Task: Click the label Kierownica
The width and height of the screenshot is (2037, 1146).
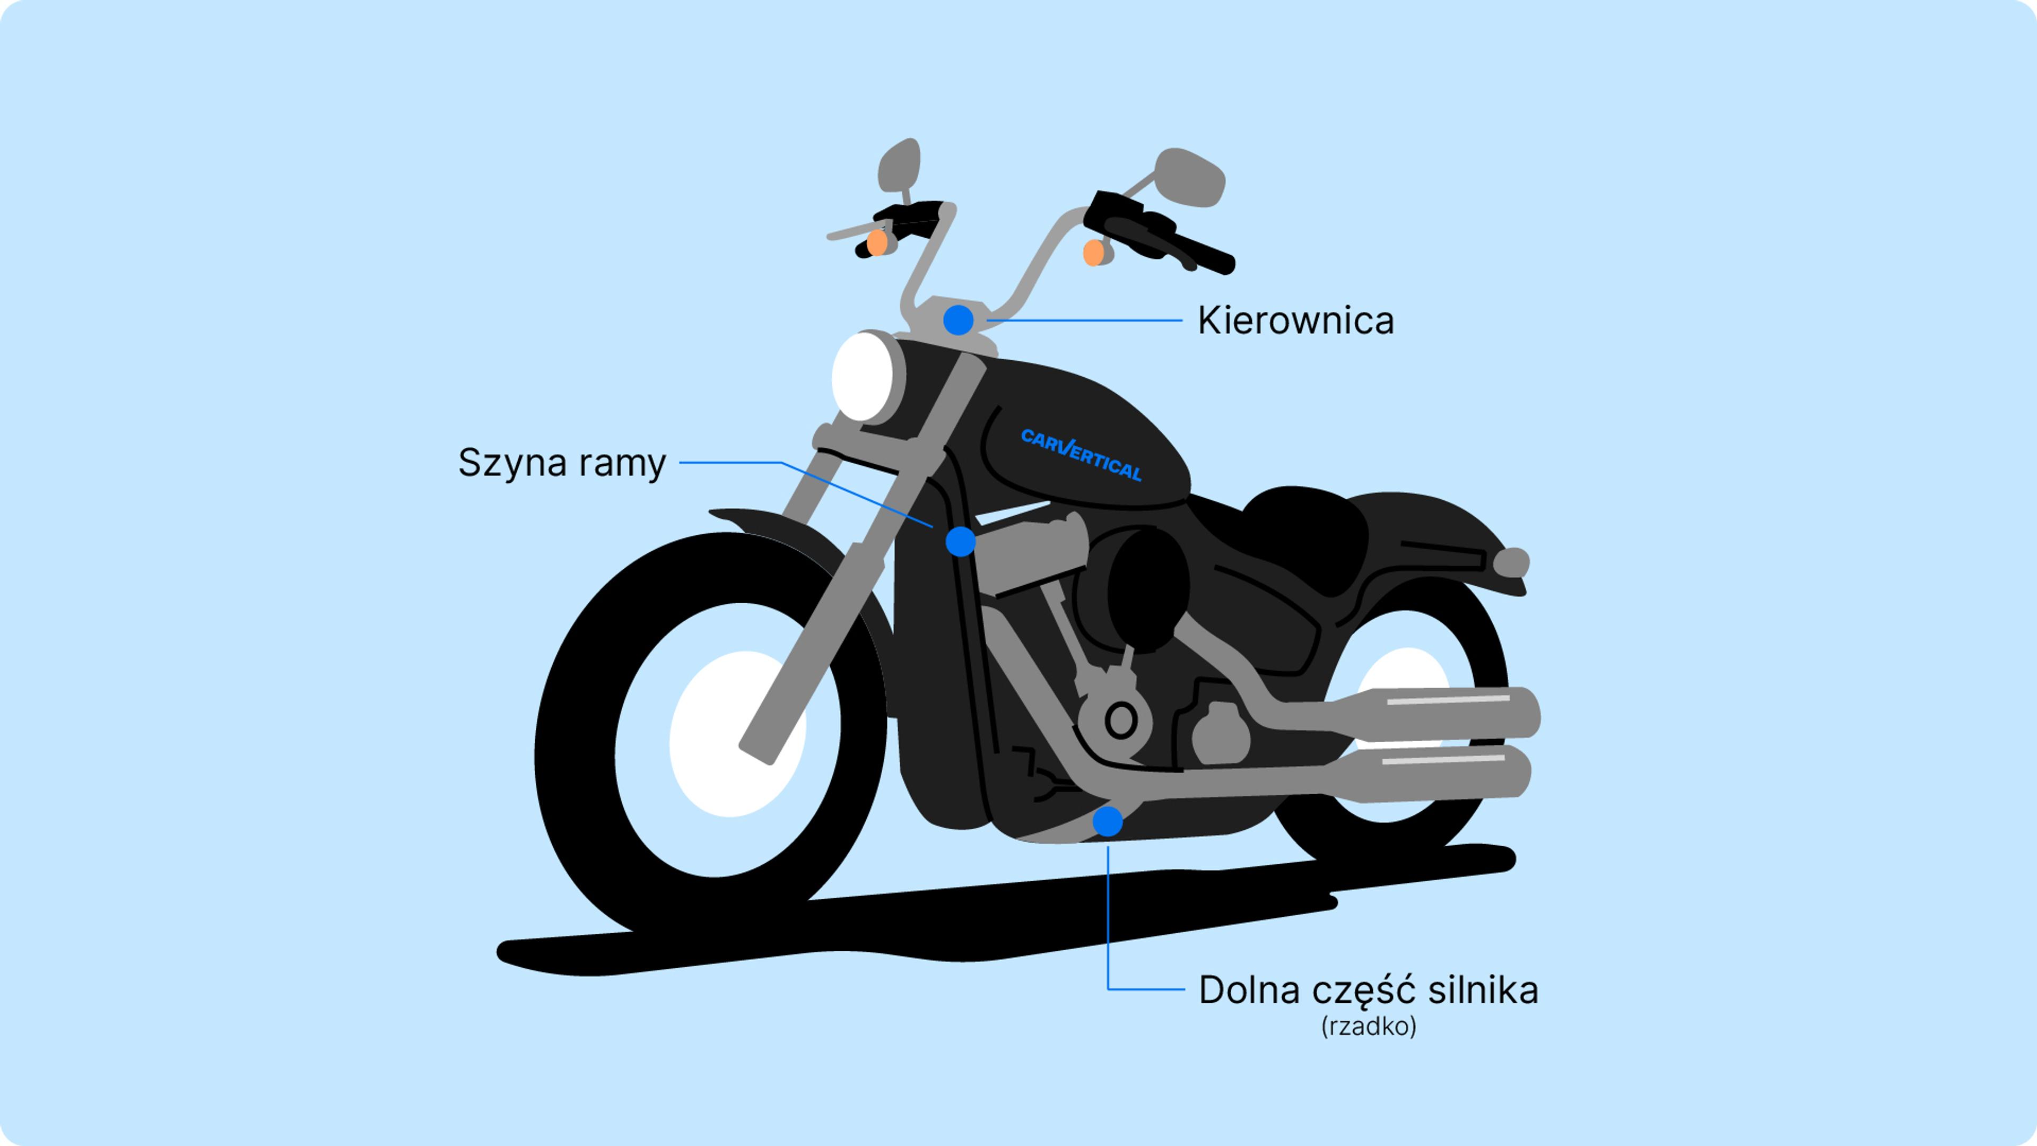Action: pos(1295,321)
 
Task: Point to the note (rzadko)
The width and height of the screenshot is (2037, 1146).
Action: pos(1368,1027)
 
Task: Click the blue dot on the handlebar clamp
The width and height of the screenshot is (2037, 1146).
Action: pos(959,320)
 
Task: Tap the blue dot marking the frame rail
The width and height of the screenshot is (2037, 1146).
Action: pos(961,542)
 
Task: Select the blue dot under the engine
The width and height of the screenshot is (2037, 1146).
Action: pos(1107,822)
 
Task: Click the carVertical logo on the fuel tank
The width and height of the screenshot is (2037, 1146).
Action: pos(1081,455)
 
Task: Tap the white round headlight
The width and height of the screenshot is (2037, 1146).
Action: pos(862,377)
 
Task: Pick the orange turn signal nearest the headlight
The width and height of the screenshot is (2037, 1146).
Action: pos(877,243)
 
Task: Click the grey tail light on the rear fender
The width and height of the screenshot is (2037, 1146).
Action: pos(1510,562)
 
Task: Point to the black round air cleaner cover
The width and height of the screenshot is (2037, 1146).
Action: pos(1148,589)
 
